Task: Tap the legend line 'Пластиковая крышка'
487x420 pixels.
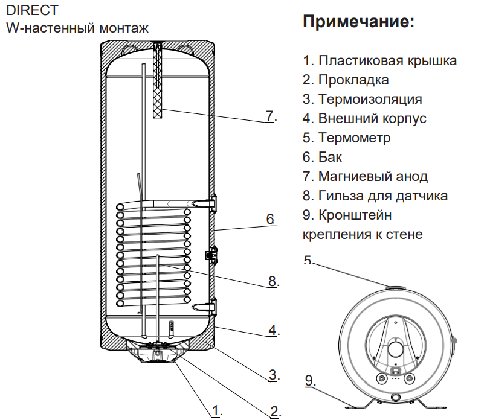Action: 379,60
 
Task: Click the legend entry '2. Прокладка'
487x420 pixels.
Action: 346,80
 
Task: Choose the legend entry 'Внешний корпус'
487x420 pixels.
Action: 364,118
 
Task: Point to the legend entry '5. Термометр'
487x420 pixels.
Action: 346,138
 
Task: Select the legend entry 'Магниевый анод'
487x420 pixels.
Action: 365,176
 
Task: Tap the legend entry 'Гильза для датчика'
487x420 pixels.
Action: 375,196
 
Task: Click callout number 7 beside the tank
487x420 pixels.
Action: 270,116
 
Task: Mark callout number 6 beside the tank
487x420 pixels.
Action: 270,218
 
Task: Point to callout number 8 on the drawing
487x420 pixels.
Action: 272,281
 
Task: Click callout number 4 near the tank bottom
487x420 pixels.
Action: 273,330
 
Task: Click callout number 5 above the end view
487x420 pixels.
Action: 308,261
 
